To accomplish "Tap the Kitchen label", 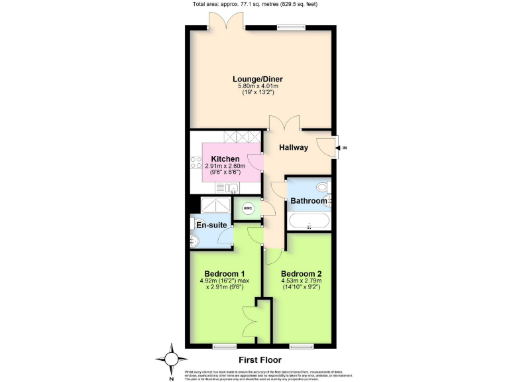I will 225,159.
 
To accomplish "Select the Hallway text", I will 293,147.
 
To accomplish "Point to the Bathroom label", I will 308,201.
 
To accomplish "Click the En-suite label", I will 212,225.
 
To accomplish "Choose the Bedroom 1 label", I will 225,274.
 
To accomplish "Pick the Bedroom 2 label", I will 301,274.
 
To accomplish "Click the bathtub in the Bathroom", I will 308,222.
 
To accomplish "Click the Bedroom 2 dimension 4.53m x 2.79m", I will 301,282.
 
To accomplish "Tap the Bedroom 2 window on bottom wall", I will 302,346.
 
